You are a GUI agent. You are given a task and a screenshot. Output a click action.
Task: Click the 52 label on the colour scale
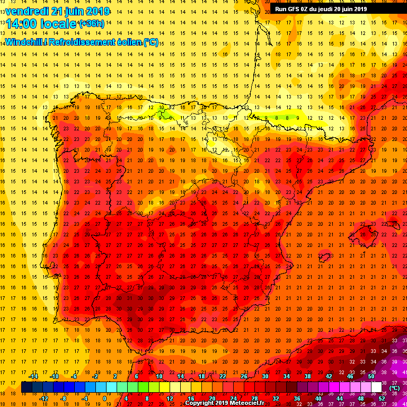tap(381, 398)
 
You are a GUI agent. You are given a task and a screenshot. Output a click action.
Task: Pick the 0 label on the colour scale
tap(104, 398)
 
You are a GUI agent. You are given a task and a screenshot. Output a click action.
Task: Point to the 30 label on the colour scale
tap(265, 376)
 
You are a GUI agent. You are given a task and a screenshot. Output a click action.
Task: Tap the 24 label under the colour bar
tap(233, 398)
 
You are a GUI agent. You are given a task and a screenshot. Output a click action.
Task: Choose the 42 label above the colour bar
tap(329, 376)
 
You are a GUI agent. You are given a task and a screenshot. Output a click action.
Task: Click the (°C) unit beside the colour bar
tap(394, 387)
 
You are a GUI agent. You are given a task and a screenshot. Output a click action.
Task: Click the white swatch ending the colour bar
tap(376, 387)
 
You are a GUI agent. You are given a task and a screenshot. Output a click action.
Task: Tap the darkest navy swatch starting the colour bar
tap(26, 387)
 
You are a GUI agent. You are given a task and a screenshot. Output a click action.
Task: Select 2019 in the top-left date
tap(97, 11)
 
